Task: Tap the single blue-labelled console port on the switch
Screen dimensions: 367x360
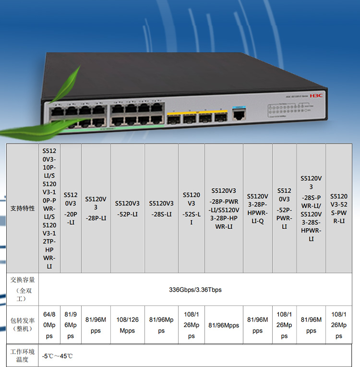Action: (238, 114)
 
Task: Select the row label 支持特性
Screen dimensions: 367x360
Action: (23, 208)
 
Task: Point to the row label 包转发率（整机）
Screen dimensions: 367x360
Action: (23, 325)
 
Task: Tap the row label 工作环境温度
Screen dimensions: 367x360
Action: (23, 355)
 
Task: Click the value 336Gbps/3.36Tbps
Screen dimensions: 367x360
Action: (195, 290)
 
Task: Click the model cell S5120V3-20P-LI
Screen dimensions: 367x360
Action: (71, 208)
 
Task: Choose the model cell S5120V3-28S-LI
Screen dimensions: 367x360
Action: (161, 208)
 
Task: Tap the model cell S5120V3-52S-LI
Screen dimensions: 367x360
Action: (192, 208)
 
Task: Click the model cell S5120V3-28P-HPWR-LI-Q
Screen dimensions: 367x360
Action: (257, 208)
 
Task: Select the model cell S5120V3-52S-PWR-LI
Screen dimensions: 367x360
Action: (339, 208)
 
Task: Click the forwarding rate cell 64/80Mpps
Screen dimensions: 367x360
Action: (49, 325)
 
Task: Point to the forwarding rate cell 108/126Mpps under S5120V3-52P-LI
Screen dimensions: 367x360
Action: (127, 325)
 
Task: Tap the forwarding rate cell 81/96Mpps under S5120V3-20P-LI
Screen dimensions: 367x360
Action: (71, 325)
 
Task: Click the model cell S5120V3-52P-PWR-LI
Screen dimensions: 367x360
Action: (284, 208)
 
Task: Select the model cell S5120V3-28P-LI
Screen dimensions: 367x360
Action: (96, 208)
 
